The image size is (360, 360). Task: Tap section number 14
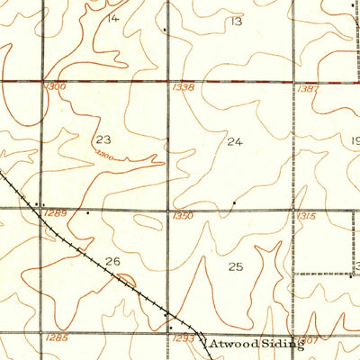(112, 18)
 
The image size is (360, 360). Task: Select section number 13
(237, 21)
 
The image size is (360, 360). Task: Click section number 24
(235, 141)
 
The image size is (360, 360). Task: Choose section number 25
(236, 266)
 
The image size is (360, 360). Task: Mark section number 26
(112, 262)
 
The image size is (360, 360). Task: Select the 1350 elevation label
(183, 216)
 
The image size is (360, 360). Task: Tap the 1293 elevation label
(179, 337)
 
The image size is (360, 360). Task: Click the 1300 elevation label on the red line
(55, 87)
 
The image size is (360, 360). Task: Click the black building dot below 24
(235, 202)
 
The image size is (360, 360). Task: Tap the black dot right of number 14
(165, 29)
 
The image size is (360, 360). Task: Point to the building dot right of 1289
(87, 213)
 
